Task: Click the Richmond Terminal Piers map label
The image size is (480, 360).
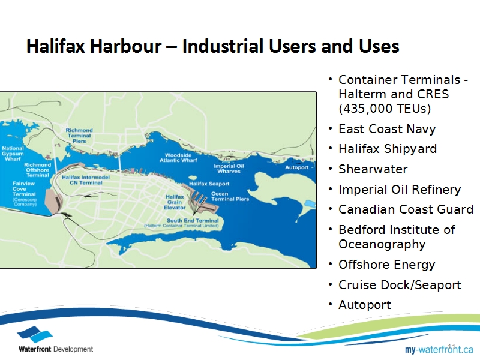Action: [x=79, y=136]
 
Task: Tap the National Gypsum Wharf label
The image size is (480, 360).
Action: [x=13, y=154]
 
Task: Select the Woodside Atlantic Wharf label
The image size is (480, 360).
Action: [x=178, y=158]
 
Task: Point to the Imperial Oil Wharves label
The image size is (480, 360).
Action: [x=229, y=169]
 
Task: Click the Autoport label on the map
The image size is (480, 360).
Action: [x=296, y=167]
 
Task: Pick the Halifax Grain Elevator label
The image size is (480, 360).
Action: [x=175, y=202]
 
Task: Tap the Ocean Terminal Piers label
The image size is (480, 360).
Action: [x=230, y=196]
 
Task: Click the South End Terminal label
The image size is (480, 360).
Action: [x=193, y=220]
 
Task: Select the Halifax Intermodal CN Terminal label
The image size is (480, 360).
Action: [x=86, y=180]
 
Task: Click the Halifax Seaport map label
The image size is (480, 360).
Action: [x=209, y=184]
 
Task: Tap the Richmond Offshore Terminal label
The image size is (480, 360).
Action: [x=37, y=170]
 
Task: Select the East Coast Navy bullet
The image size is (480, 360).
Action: [x=387, y=129]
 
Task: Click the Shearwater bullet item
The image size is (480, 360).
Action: [x=373, y=169]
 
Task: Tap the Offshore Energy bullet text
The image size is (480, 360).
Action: [x=386, y=265]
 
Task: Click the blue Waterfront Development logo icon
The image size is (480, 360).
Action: [x=35, y=334]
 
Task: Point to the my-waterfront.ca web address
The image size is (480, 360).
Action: [x=439, y=349]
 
